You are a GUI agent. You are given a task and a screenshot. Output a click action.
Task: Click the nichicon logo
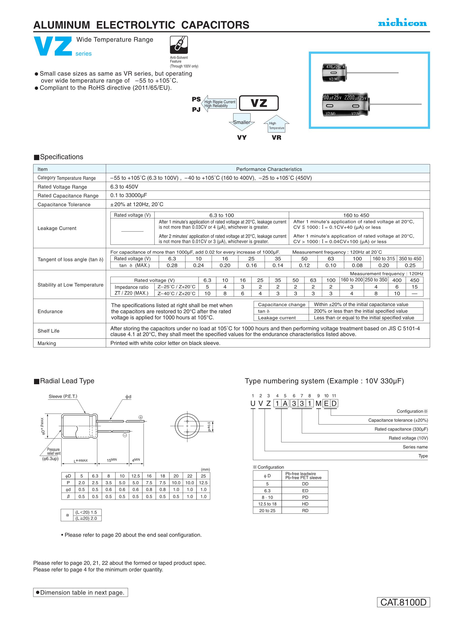click(402, 23)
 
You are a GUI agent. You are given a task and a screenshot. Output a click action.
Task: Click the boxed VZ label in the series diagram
click(259, 103)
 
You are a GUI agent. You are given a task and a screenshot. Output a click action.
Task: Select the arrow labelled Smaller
click(242, 122)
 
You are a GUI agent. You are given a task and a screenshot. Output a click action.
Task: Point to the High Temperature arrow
click(276, 124)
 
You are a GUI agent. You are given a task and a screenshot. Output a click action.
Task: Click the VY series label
click(242, 137)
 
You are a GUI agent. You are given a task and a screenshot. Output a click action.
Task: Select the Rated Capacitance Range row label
click(68, 195)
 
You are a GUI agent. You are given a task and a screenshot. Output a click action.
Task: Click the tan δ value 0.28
click(172, 265)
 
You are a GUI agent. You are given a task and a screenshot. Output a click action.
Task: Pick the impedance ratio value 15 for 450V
click(414, 287)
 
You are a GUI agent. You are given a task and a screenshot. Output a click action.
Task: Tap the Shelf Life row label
click(48, 331)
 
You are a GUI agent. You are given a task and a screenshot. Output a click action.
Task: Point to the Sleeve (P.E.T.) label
click(63, 396)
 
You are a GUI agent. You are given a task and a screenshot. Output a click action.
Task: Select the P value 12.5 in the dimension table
click(203, 483)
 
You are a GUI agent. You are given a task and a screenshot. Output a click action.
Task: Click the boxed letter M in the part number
click(318, 403)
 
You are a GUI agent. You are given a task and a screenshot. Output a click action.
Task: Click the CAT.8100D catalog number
click(403, 602)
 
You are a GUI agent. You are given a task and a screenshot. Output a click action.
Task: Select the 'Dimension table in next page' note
click(80, 592)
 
